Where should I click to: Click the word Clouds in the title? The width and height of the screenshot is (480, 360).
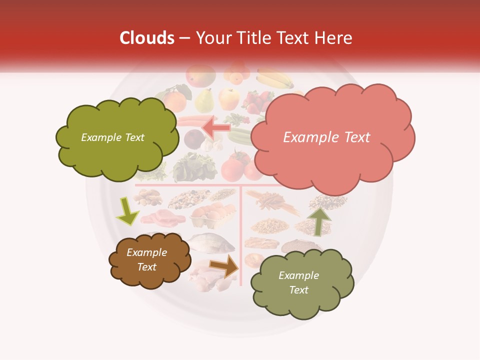[147, 38]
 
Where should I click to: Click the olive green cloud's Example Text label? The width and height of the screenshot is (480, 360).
[113, 137]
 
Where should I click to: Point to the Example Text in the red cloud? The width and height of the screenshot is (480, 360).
[327, 137]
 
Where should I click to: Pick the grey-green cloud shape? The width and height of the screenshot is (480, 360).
[301, 283]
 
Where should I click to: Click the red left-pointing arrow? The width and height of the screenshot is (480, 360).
[216, 128]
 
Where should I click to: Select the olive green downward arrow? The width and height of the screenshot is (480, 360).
[127, 211]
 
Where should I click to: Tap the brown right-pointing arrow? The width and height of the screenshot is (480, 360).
[224, 266]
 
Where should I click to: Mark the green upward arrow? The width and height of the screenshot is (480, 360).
[318, 220]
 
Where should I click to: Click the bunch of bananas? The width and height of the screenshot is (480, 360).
[275, 78]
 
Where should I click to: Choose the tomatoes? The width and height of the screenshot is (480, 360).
[236, 166]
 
